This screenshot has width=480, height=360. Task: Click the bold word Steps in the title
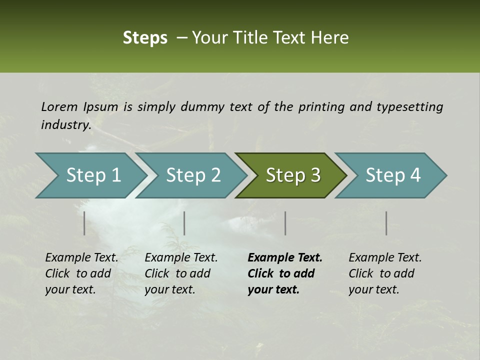145,38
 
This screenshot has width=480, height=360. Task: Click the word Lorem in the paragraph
59,106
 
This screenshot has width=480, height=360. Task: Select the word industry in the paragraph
65,125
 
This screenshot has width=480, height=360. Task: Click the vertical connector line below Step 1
84,223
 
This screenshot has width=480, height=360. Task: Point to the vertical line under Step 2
184,223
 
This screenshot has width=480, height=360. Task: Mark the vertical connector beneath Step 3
285,223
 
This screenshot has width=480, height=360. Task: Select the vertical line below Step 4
386,223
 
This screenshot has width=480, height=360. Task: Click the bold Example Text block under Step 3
285,273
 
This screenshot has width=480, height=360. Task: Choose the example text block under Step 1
81,273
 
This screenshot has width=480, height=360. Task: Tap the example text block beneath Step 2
181,273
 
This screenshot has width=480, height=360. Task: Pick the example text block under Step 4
385,273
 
